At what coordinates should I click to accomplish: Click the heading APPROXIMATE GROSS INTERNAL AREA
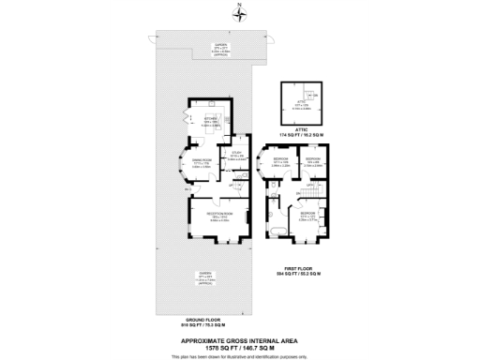[x=240, y=339]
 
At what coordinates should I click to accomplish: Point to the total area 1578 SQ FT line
[x=240, y=347]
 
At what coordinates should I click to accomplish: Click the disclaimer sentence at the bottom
[x=240, y=356]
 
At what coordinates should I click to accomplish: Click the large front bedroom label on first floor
[x=308, y=216]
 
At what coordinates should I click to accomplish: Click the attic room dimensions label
[x=302, y=106]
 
